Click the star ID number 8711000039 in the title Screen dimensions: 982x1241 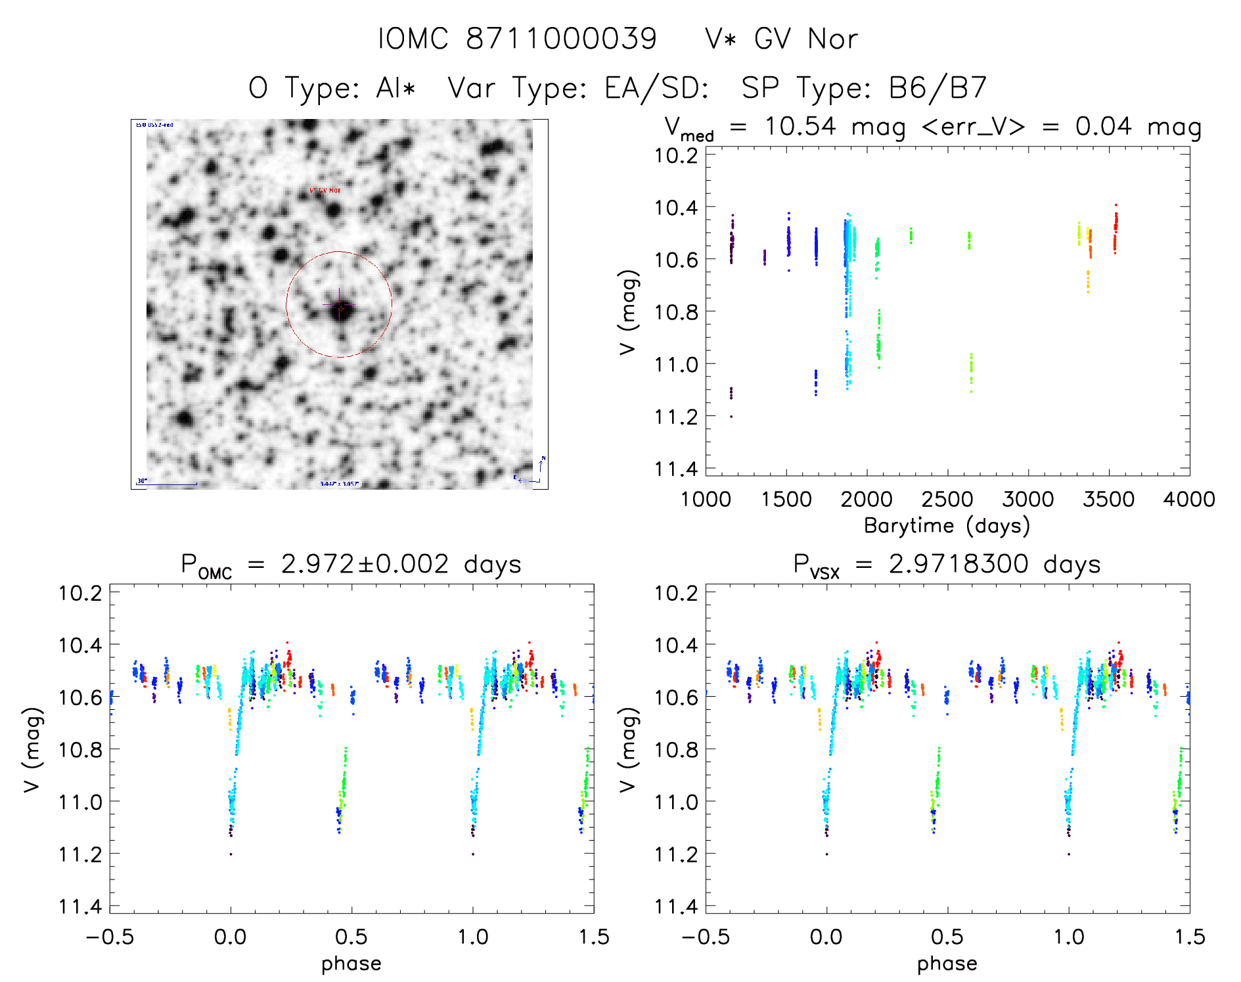point(561,39)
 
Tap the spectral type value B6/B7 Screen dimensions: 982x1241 point(937,88)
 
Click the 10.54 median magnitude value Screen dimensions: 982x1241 point(800,126)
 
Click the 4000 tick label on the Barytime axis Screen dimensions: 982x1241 point(1188,500)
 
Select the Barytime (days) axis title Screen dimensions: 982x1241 point(947,526)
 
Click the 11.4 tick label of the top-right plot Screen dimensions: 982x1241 point(675,469)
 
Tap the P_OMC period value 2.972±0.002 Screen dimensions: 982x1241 point(365,565)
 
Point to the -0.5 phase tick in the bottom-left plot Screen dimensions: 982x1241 point(109,937)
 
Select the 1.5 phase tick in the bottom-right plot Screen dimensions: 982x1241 point(1188,937)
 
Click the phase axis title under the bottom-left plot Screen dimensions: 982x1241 point(351,964)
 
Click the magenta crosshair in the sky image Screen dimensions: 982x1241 point(339,305)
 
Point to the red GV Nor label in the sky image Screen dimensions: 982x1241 point(325,191)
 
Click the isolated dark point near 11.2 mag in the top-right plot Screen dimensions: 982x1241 point(731,417)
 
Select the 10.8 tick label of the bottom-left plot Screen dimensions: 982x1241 point(80,749)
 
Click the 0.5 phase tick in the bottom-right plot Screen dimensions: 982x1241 point(947,937)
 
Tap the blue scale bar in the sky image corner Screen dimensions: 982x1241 point(168,484)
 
